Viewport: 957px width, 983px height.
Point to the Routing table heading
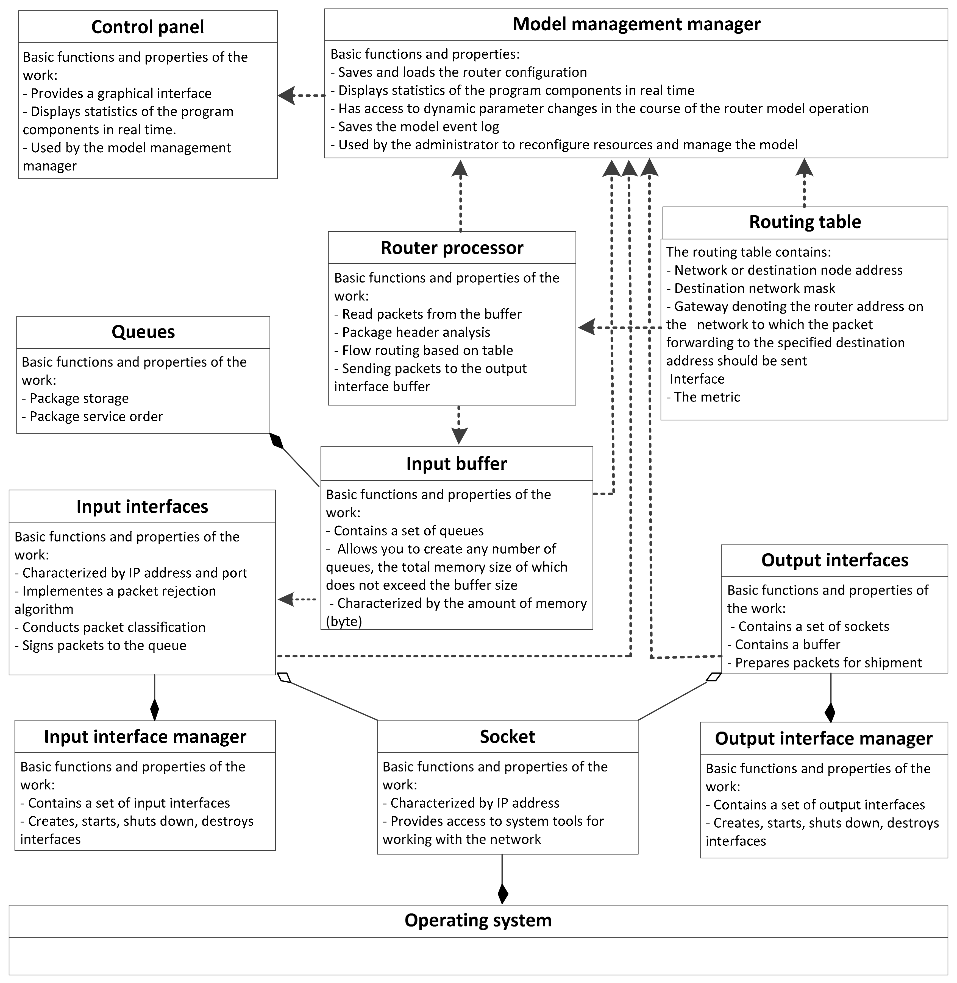click(805, 222)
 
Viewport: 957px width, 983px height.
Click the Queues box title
click(143, 332)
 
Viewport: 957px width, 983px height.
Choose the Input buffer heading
click(456, 463)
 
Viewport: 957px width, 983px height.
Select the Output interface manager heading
click(823, 738)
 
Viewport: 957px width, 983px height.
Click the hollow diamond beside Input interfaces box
click(285, 678)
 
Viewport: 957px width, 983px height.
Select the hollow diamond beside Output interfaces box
click(713, 677)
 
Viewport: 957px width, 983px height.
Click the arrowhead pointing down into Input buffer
click(459, 435)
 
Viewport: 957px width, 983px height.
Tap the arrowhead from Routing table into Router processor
click(586, 327)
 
